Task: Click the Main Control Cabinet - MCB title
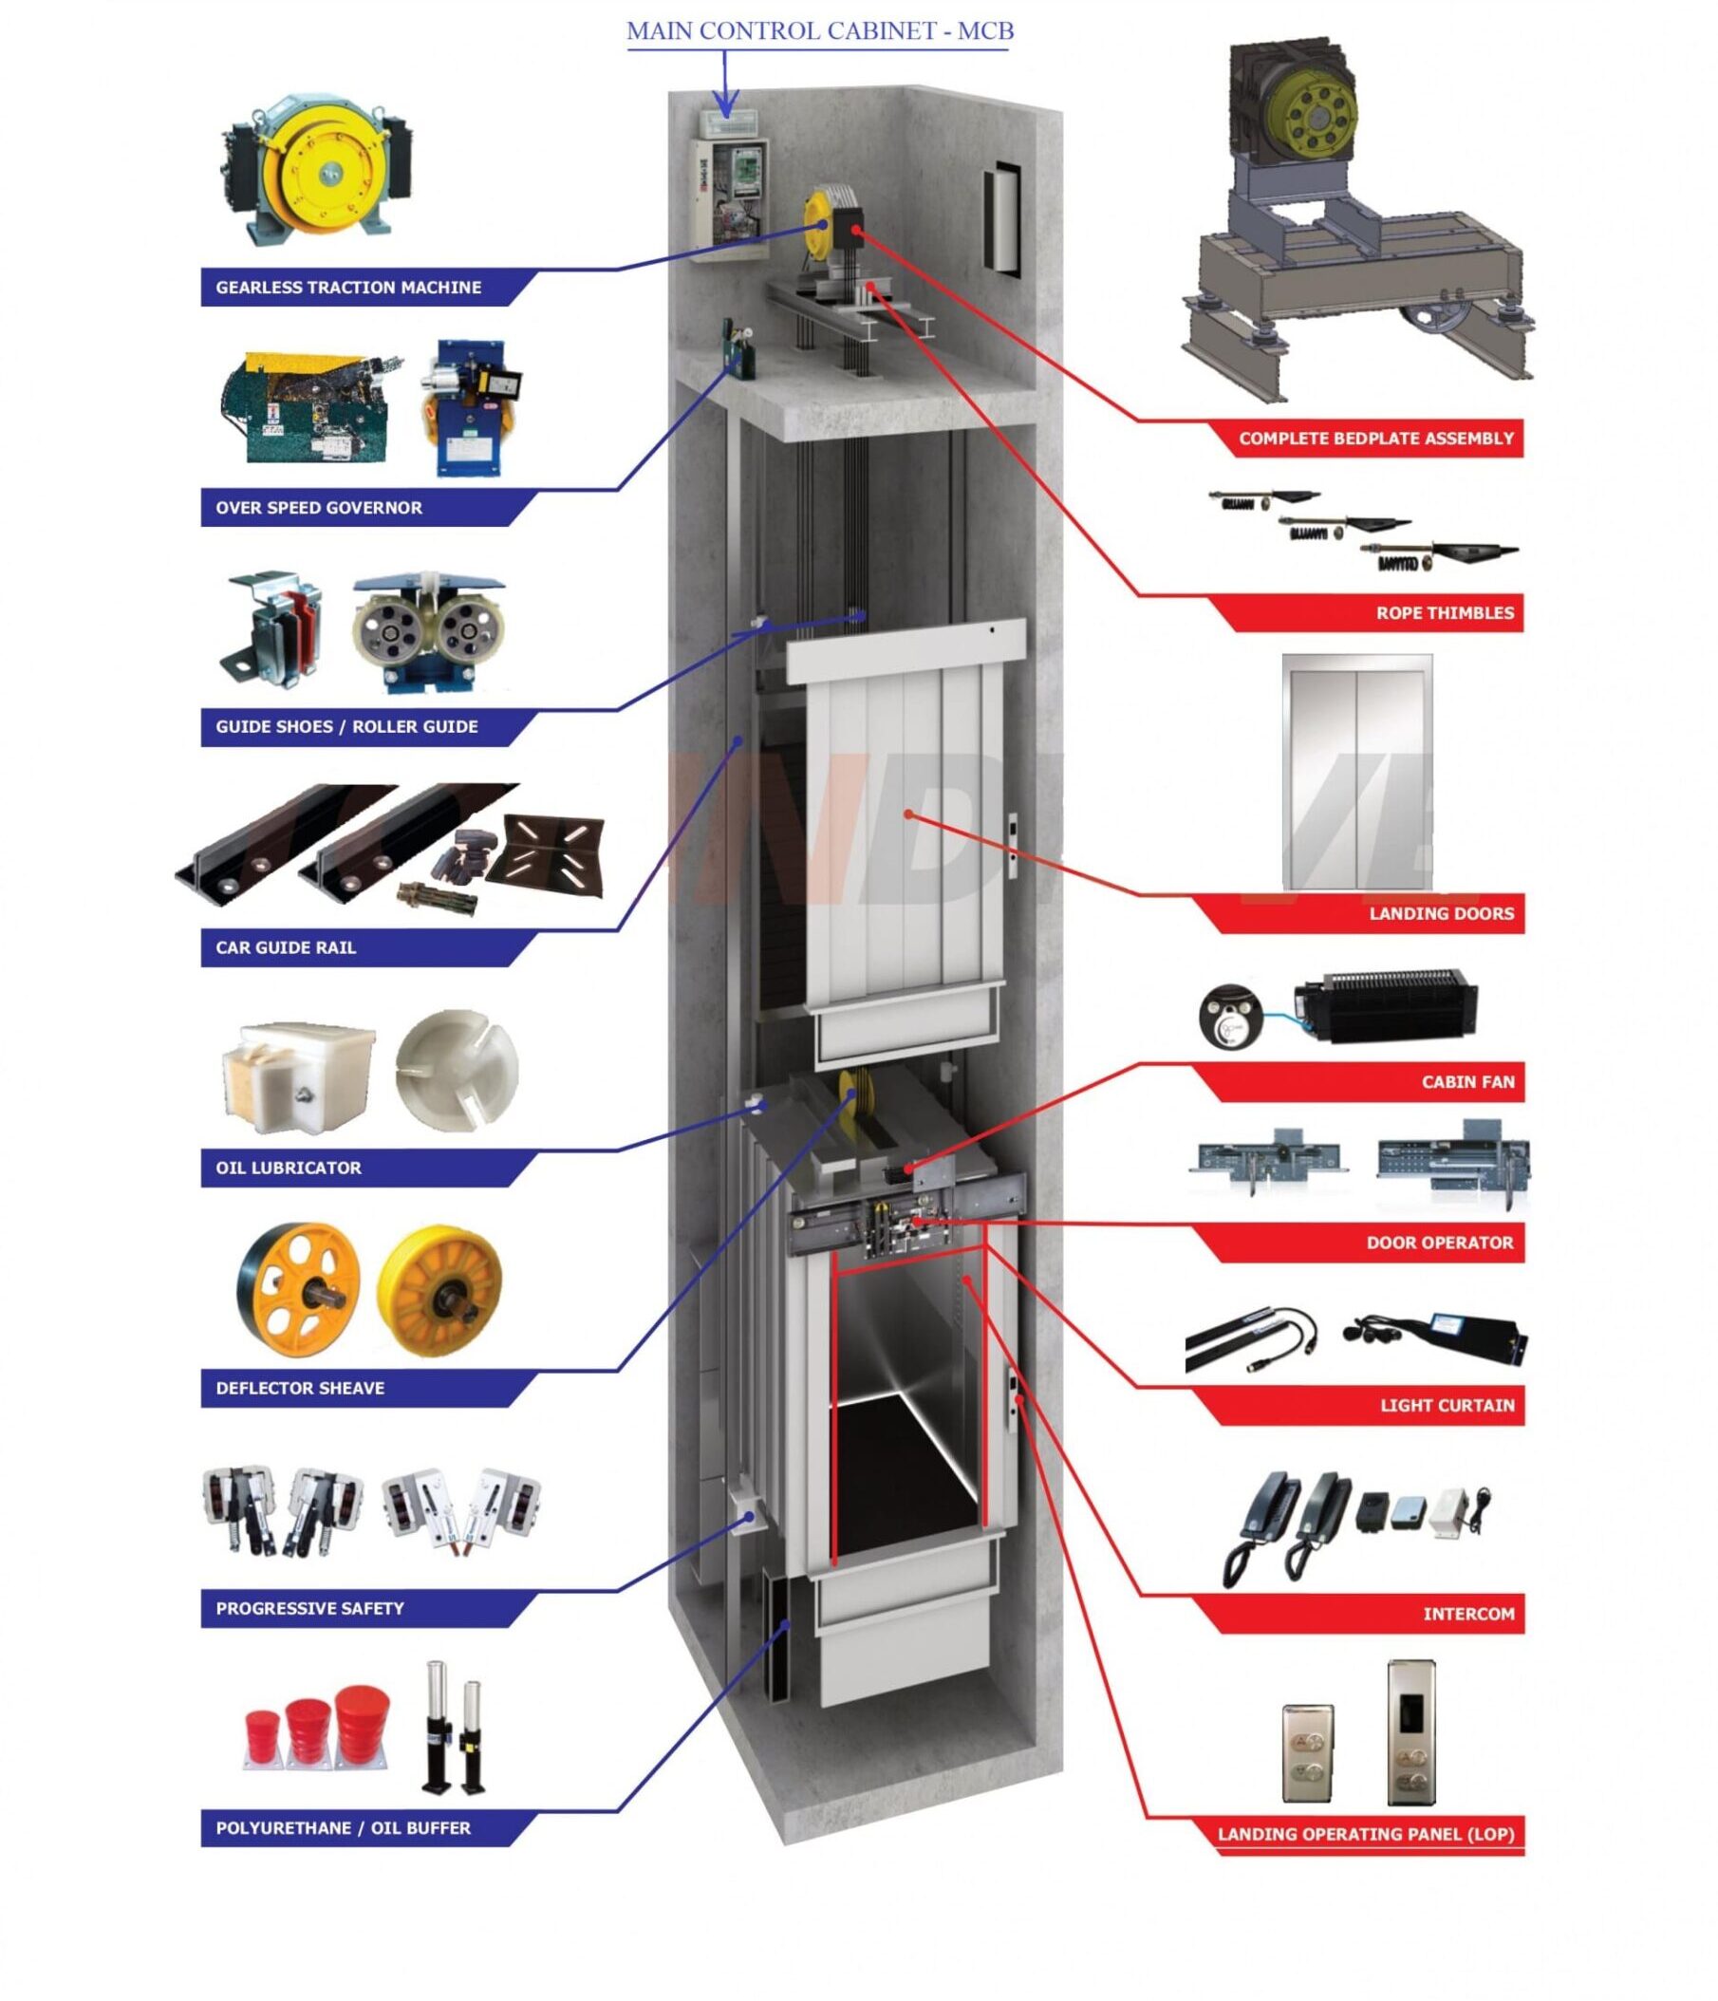point(820,31)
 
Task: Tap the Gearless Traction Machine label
point(347,288)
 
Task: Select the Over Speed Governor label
point(319,508)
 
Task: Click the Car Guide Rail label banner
point(286,947)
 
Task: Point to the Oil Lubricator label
point(288,1168)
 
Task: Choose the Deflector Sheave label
point(299,1388)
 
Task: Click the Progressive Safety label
point(309,1608)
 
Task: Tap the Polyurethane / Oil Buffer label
point(343,1828)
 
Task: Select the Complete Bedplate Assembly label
point(1375,439)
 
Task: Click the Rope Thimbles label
point(1444,613)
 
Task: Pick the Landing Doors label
point(1441,913)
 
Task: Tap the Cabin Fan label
point(1466,1082)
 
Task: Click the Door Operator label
point(1439,1243)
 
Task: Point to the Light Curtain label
point(1447,1405)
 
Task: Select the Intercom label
point(1467,1614)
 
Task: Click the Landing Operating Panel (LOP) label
point(1365,1834)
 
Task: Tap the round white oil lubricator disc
point(456,1070)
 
